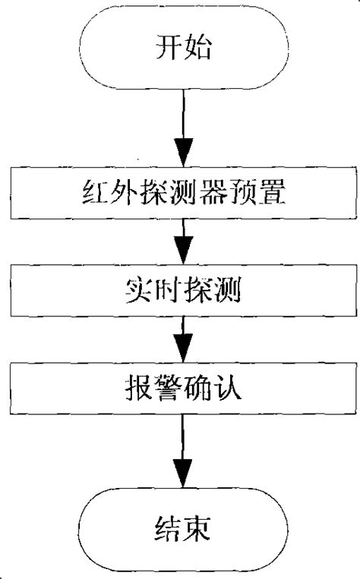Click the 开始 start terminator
point(183,50)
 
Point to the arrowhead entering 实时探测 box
point(183,251)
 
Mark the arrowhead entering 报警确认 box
point(183,350)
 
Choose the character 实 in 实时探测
point(137,288)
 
